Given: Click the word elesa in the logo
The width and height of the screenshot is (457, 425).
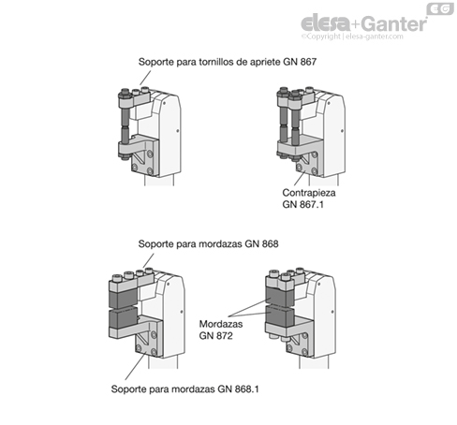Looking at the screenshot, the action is point(326,23).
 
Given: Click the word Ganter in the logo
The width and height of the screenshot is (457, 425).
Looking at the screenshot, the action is point(395,23).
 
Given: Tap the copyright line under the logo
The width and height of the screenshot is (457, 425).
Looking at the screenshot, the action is point(352,37).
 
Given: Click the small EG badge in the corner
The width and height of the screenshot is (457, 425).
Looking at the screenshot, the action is point(440,8).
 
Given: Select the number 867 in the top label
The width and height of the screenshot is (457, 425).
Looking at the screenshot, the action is point(308,62).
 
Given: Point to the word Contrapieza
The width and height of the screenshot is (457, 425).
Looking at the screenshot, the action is point(309,193).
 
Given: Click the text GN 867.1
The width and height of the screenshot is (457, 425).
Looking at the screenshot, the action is point(302,205).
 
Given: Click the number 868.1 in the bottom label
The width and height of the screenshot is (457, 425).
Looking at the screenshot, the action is point(247,389).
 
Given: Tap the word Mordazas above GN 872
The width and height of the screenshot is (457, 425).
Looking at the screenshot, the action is point(221,324).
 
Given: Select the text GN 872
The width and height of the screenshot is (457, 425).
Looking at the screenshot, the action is point(216,336).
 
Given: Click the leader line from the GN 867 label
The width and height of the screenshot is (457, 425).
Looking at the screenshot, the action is point(145,78).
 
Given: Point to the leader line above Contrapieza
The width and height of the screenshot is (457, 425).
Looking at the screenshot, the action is point(300,178).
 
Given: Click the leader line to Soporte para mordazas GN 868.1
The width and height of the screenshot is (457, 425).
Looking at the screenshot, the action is point(136,365).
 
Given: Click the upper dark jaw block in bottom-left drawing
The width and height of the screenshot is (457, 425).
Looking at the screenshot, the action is point(123,298).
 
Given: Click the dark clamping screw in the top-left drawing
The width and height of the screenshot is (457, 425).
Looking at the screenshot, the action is point(125,125).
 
